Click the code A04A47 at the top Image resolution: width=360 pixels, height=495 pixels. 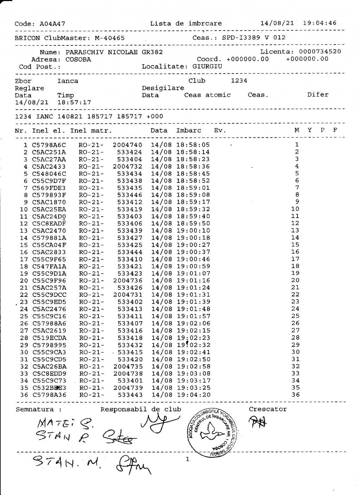pyautogui.click(x=52, y=24)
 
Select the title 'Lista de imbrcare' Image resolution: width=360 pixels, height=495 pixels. pyautogui.click(x=186, y=24)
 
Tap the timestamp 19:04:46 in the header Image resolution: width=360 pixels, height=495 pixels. pyautogui.click(x=319, y=23)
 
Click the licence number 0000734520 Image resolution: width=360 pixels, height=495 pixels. pyautogui.click(x=320, y=52)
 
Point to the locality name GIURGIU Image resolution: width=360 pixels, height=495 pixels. pyautogui.click(x=207, y=66)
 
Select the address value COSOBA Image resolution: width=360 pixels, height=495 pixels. pyautogui.click(x=78, y=59)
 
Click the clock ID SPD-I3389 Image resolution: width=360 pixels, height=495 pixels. pyautogui.click(x=241, y=38)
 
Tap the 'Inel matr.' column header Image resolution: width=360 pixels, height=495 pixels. pyautogui.click(x=91, y=130)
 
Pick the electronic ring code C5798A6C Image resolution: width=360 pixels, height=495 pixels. pyautogui.click(x=49, y=145)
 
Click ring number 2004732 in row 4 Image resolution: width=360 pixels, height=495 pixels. pyautogui.click(x=128, y=166)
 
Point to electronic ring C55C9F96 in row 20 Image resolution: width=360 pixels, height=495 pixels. pyautogui.click(x=49, y=281)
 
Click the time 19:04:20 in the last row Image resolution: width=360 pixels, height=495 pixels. pyautogui.click(x=194, y=395)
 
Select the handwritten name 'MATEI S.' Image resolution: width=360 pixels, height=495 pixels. pyautogui.click(x=65, y=424)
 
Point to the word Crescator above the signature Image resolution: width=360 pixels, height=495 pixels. pyautogui.click(x=268, y=409)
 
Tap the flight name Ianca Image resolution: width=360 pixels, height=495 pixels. pyautogui.click(x=68, y=81)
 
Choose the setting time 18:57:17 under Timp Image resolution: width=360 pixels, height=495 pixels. pyautogui.click(x=74, y=102)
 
